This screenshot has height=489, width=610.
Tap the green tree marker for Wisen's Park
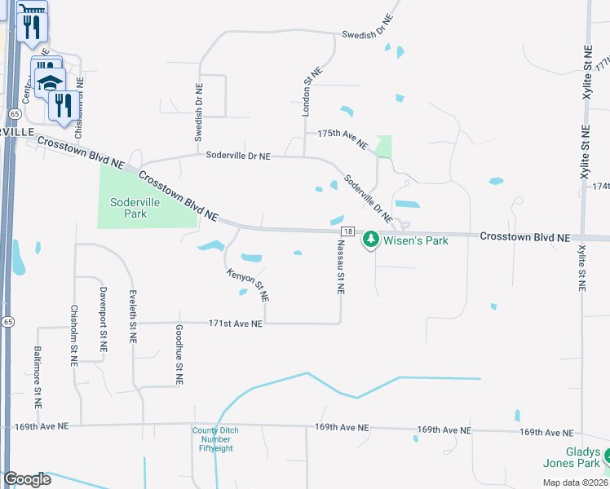pos(371,239)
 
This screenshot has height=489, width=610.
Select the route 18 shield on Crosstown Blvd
pos(348,232)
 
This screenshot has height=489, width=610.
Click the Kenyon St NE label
pos(250,280)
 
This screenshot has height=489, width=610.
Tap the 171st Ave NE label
pos(236,324)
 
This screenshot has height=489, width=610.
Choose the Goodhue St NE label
pos(179,355)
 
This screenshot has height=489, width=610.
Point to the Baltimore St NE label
pos(38,377)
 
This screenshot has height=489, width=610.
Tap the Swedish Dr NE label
pos(197,112)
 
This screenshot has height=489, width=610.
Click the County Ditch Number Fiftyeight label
pos(211,441)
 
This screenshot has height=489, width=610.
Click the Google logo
pos(27,479)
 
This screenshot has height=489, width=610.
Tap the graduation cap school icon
pos(50,81)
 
